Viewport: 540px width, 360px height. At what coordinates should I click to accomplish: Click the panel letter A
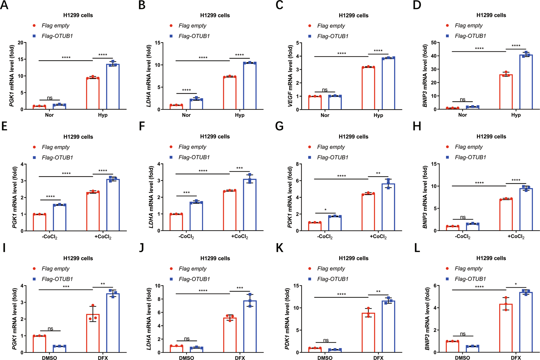coord(4,5)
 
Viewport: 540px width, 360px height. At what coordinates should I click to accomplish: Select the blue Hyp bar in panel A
coord(113,87)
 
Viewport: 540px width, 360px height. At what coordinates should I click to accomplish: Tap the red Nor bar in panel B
coord(176,107)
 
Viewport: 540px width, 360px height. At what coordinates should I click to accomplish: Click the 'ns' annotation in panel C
coord(325,90)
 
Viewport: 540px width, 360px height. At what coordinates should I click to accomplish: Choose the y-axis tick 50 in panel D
coord(434,42)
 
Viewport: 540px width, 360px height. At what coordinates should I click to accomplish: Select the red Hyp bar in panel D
coord(506,92)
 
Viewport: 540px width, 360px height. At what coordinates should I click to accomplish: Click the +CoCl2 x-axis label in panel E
coord(103,237)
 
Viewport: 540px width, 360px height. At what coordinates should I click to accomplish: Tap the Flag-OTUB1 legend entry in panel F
coord(194,157)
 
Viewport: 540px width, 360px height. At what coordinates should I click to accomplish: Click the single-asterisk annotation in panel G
coord(325,210)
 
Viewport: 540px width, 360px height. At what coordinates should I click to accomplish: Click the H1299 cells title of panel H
coord(491,136)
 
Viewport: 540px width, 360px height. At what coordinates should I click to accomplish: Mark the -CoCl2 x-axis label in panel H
coord(463,237)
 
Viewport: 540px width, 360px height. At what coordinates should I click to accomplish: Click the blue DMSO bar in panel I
coord(59,349)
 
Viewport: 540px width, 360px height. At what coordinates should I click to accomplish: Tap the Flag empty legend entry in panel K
coord(331,268)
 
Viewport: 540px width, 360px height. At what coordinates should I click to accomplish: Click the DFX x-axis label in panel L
coord(516,358)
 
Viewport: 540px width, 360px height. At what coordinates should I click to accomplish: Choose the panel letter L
coord(417,248)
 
